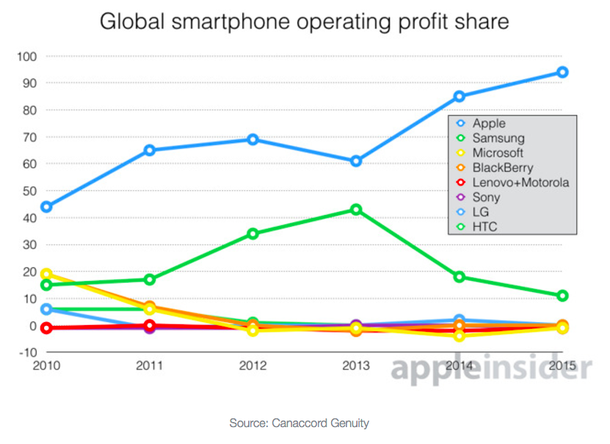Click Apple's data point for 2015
pos(562,72)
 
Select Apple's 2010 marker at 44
pos(46,207)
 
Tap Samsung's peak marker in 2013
pos(356,209)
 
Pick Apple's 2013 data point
pos(356,161)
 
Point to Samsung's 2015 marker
pos(562,296)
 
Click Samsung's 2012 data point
pos(253,233)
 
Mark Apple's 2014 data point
pos(459,96)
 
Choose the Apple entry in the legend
pos(489,123)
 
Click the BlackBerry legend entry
pos(502,167)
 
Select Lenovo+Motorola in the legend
pos(520,182)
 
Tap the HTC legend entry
pos(484,227)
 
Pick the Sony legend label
pos(486,197)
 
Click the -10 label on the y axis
pos(27,352)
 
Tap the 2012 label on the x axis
pos(253,365)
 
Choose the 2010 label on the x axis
pos(46,365)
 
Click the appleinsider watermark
pos(490,369)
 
